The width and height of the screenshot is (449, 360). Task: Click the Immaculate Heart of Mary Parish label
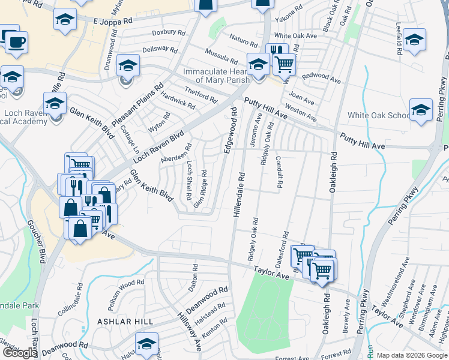point(220,76)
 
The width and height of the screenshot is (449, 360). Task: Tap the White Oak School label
point(379,116)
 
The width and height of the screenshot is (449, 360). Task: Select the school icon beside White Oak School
point(421,110)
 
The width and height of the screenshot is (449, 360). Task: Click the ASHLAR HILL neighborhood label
point(125,322)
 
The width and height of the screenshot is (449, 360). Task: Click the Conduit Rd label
point(278,172)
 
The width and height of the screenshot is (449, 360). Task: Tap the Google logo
point(20,353)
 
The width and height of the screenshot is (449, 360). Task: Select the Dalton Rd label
point(193,277)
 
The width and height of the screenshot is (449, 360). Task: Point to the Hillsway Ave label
point(187,329)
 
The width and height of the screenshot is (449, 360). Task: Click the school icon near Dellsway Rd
point(128,65)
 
